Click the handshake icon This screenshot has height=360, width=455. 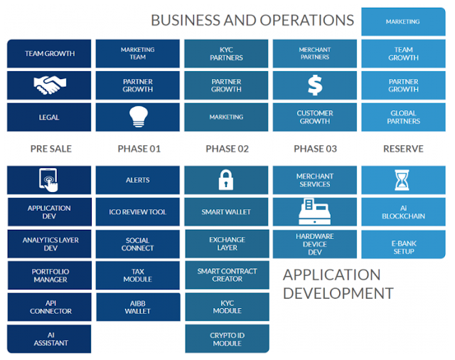[x=49, y=85]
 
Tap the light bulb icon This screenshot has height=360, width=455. [x=137, y=117]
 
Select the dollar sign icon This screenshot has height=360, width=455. [x=315, y=85]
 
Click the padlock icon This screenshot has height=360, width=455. [x=226, y=180]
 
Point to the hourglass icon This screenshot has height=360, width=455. [x=403, y=180]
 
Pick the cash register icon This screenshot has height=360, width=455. [x=315, y=211]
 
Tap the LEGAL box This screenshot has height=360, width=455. [x=49, y=117]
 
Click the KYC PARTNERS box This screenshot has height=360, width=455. [x=226, y=53]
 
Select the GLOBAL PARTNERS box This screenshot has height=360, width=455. [x=403, y=117]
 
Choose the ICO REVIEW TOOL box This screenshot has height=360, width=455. [x=137, y=212]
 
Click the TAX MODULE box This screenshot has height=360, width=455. [x=137, y=275]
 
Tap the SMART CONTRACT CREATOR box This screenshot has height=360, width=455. [x=226, y=275]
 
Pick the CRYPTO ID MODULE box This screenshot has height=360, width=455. [x=226, y=339]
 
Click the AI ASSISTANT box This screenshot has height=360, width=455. [x=49, y=339]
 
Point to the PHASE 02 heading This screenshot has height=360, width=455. [x=227, y=149]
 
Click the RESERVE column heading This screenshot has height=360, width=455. [x=403, y=149]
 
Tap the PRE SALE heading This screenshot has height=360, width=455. [x=50, y=149]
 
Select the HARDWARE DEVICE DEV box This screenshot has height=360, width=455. [x=315, y=243]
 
